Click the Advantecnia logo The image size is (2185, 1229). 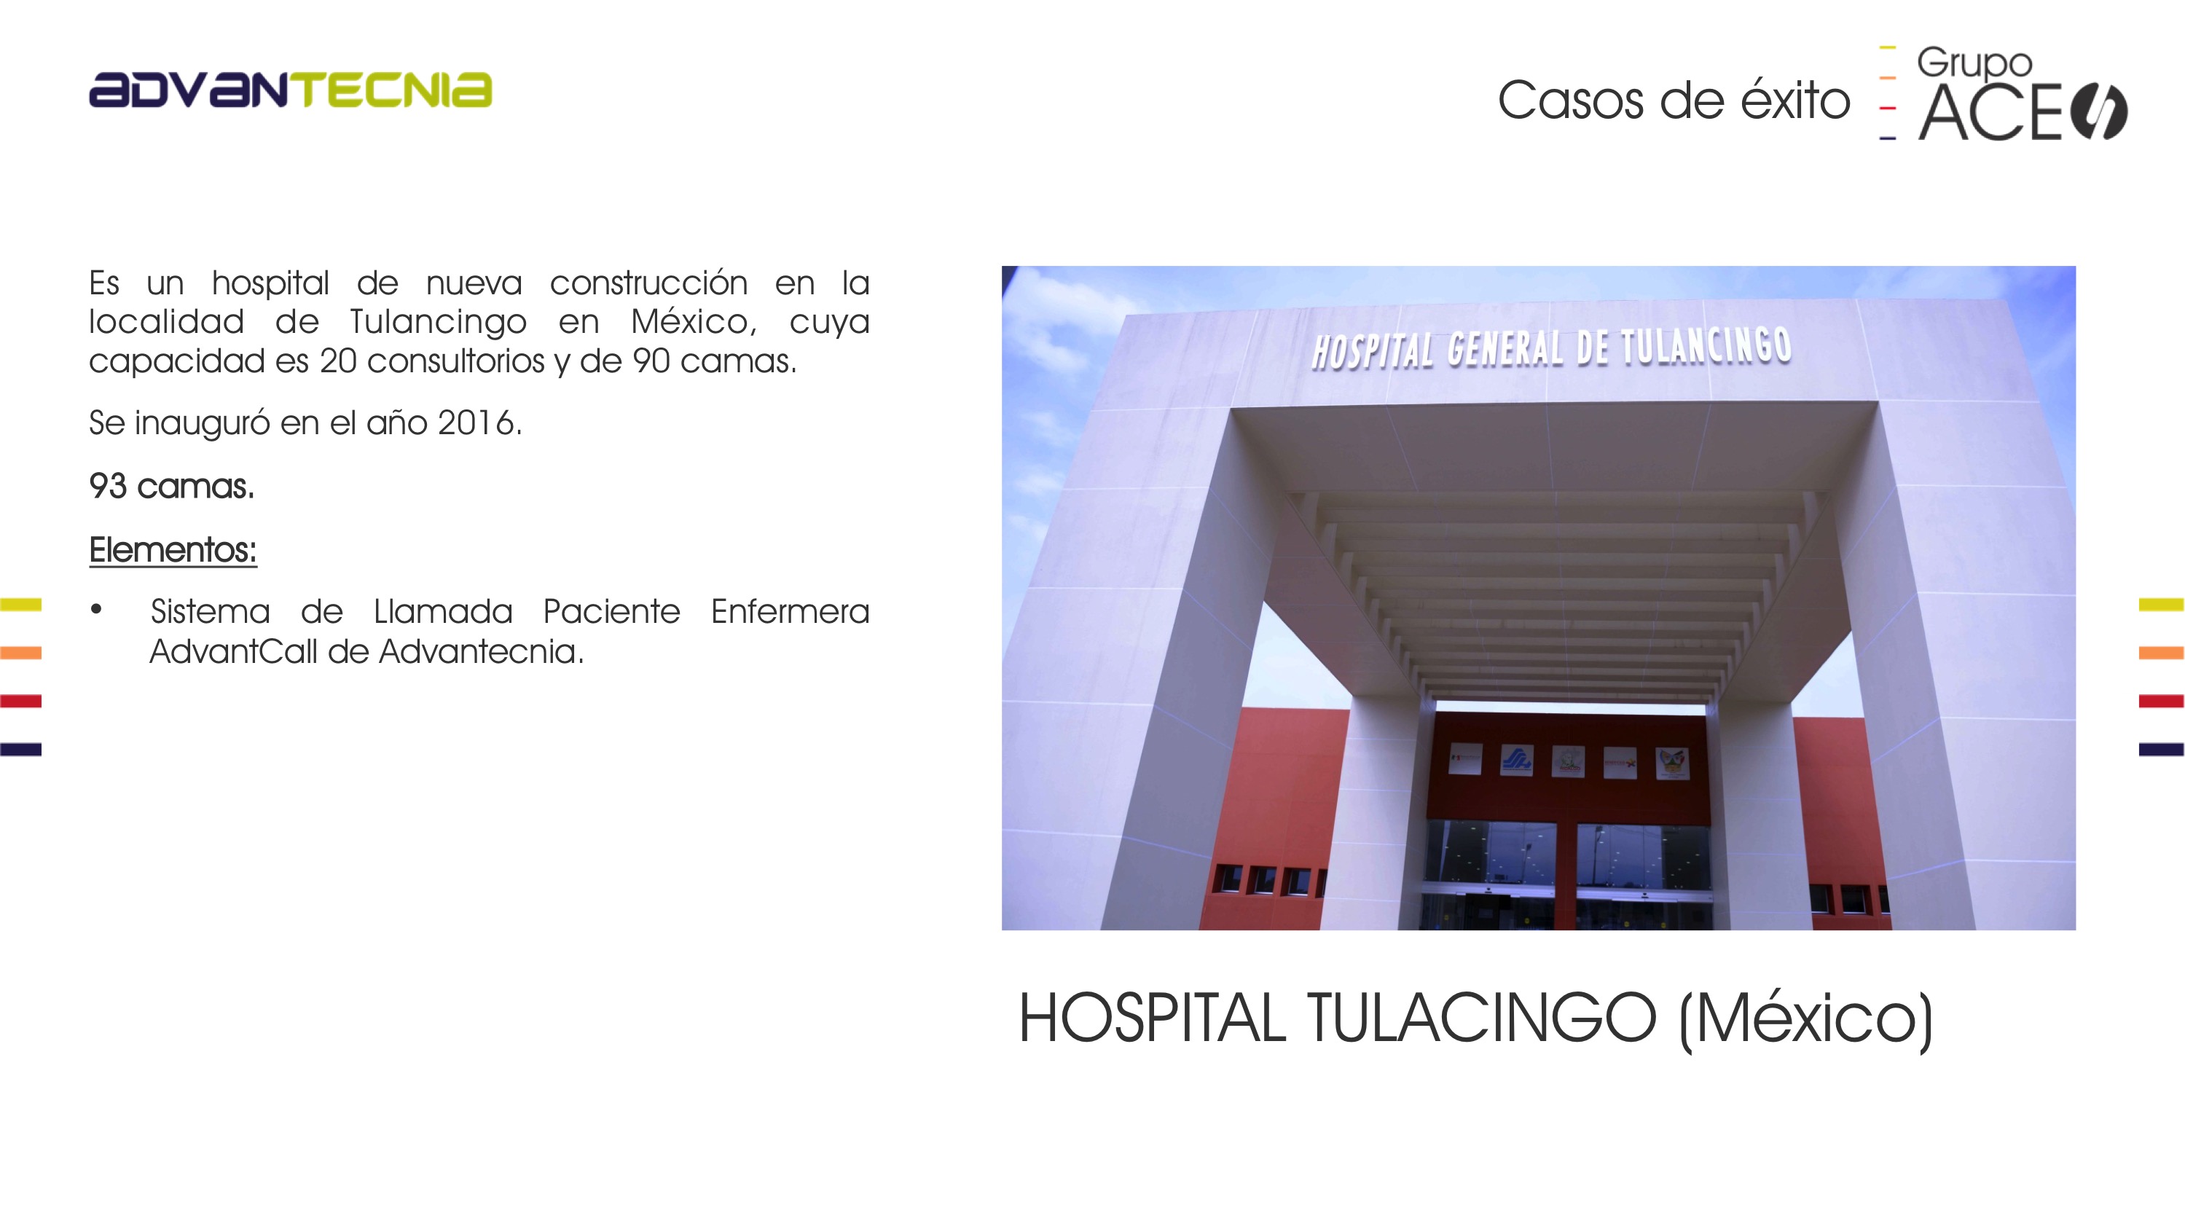coord(290,90)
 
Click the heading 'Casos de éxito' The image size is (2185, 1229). coord(1674,100)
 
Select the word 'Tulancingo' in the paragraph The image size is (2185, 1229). coord(438,322)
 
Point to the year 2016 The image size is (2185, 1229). coord(479,423)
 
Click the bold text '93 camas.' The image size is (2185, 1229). coord(171,486)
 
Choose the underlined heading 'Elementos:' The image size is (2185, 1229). coord(173,549)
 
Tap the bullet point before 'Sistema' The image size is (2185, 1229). coord(97,609)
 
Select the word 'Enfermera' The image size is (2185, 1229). coord(790,611)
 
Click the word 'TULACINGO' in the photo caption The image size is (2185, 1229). coord(1481,1018)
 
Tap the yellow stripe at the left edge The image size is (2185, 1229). coord(20,605)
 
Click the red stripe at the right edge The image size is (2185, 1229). coord(2161,701)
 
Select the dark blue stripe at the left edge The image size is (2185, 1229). coord(20,749)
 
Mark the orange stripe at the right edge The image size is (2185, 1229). coord(2161,652)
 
